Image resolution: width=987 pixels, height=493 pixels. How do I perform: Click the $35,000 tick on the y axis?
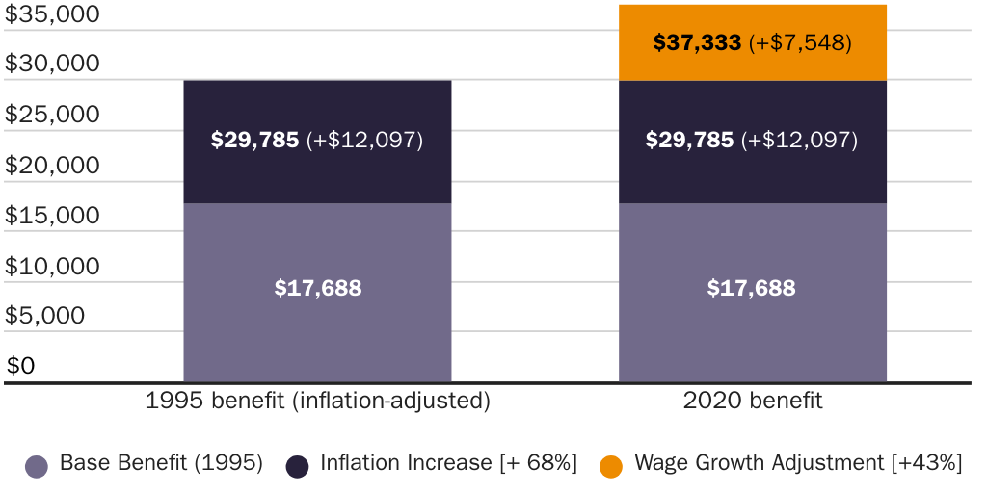point(52,14)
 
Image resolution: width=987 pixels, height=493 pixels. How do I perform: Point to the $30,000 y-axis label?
point(52,64)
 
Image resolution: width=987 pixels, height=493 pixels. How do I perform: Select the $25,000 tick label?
point(52,115)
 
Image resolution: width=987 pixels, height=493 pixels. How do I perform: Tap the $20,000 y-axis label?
point(52,166)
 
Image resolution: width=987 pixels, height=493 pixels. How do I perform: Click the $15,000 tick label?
point(52,216)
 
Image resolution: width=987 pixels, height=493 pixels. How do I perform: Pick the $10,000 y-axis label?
point(52,266)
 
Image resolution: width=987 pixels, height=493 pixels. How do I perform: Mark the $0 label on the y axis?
point(20,366)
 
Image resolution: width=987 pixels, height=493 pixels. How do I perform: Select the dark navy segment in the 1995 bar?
point(317,169)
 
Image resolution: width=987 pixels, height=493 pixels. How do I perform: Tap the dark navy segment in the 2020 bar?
point(752,169)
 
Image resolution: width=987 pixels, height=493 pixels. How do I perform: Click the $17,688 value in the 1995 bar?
point(317,288)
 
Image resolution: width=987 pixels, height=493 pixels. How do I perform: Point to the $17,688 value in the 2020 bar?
point(752,288)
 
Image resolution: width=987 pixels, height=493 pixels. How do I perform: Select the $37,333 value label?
point(697,43)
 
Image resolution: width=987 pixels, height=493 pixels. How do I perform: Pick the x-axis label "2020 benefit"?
point(753,402)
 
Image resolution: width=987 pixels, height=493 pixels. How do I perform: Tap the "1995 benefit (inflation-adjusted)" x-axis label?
point(317,402)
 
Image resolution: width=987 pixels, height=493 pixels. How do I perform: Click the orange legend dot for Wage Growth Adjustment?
point(610,466)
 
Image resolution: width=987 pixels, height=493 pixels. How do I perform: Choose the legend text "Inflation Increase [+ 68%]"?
point(448,463)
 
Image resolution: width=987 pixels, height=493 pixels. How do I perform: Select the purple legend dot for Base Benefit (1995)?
point(37,466)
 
